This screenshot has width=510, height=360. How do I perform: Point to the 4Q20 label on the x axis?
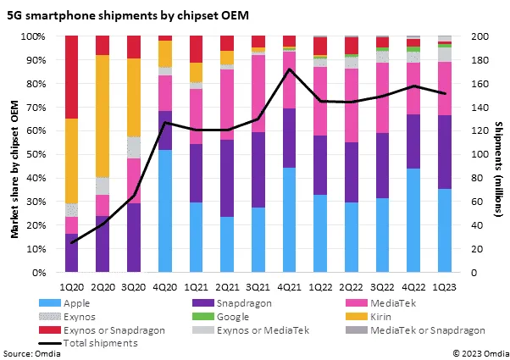165,285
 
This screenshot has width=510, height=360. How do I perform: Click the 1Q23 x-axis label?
446,285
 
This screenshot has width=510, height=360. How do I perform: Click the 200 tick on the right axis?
479,36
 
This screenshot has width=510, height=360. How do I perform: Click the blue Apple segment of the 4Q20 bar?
166,211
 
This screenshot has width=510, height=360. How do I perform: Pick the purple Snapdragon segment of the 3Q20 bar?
134,238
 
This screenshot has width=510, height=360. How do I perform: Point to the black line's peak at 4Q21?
291,69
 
